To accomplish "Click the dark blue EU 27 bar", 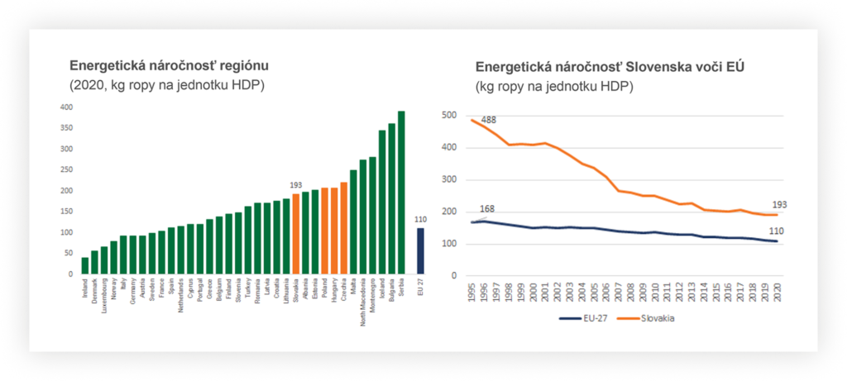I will click(420, 250).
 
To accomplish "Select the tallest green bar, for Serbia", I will click(401, 193).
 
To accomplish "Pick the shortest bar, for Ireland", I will click(85, 265).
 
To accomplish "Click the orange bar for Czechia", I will click(344, 228).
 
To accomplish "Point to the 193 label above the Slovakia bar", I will click(295, 185).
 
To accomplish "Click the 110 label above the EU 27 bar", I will click(420, 219).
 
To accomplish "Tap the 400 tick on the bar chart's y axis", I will click(66, 107).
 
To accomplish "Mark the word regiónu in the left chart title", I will click(239, 65).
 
